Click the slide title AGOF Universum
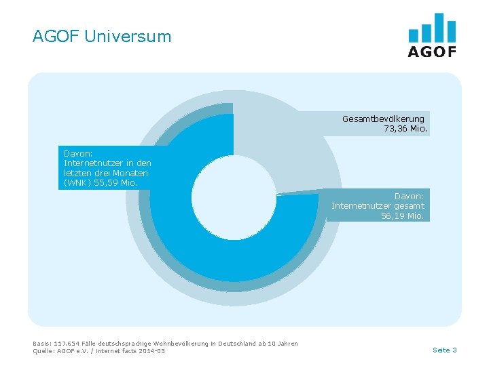(x=102, y=36)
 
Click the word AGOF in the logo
(x=432, y=52)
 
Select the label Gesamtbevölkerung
(x=383, y=119)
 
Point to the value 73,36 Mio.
(x=405, y=128)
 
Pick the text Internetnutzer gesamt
(x=378, y=205)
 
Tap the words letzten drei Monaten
(x=105, y=173)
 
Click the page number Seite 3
(x=444, y=350)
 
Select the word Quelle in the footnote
(x=43, y=350)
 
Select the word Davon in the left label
(x=77, y=153)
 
